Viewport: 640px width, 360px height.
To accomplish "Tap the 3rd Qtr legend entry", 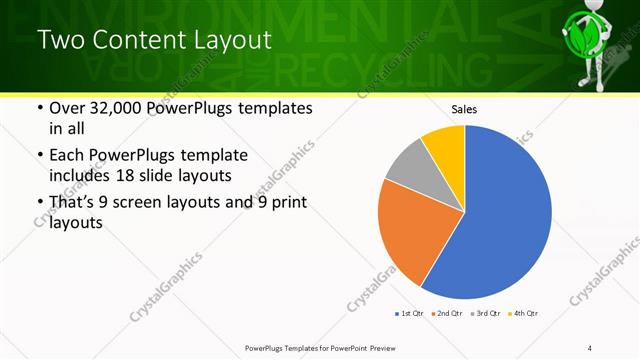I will coord(483,313).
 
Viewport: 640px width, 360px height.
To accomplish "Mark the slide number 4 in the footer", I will coord(590,347).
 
